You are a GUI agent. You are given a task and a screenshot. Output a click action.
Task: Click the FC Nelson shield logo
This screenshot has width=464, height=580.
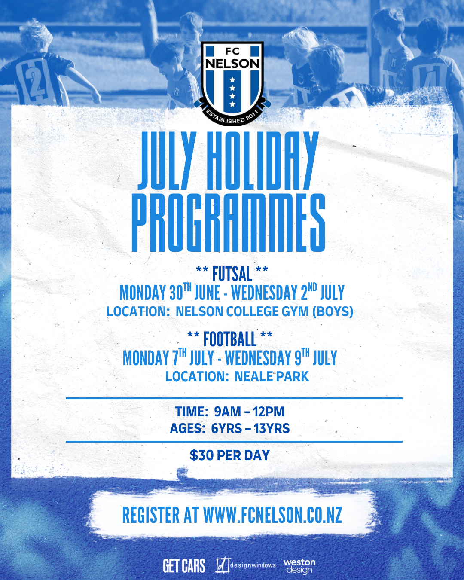tap(232, 83)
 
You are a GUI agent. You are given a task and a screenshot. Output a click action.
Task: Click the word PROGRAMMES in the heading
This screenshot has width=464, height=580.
tap(229, 223)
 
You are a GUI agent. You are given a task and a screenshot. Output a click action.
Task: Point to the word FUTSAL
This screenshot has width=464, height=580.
tap(232, 274)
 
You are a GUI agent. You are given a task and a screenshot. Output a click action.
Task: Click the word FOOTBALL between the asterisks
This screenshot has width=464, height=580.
tap(230, 339)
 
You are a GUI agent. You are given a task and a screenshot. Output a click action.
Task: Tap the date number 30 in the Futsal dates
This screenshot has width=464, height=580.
tap(176, 293)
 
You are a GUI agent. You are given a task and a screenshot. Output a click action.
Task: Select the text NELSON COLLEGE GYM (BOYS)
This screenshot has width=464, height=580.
tap(264, 312)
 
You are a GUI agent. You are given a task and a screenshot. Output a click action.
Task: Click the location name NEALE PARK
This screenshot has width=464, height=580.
tap(272, 376)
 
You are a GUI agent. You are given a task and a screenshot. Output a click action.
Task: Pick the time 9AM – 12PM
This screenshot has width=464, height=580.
tap(249, 412)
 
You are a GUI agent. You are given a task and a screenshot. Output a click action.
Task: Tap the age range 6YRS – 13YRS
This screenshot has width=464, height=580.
tap(250, 428)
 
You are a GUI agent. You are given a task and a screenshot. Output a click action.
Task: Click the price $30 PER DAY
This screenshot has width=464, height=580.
tap(230, 455)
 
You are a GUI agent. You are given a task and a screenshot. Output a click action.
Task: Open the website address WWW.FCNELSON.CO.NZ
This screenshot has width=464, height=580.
tap(272, 515)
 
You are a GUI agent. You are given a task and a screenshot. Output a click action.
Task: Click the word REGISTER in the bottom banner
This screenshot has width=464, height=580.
tap(151, 515)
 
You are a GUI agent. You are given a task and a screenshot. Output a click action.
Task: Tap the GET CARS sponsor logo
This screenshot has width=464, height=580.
tap(184, 565)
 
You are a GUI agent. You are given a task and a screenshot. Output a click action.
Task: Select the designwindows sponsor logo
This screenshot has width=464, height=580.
tap(246, 565)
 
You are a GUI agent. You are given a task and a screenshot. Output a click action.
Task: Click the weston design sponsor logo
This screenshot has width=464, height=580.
tap(299, 566)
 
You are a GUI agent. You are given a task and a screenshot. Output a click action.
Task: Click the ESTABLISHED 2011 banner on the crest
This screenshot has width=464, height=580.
tap(232, 118)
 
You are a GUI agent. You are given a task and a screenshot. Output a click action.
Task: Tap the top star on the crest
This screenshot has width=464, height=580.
tap(232, 80)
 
